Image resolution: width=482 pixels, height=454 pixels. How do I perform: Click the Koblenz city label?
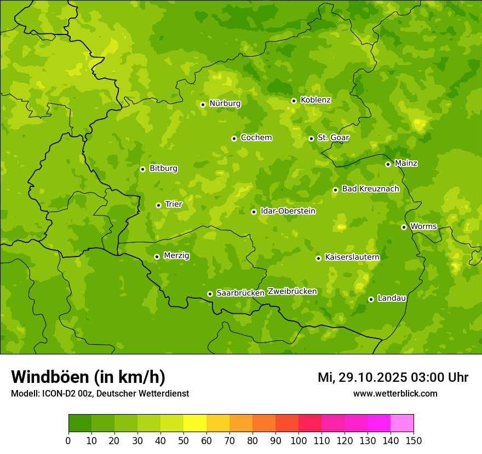coord(315,100)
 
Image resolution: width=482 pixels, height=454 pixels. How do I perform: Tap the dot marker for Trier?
coord(159,205)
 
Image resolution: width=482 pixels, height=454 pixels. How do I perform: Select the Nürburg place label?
coord(225,103)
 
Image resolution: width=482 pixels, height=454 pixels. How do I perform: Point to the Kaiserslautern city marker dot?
coord(318,258)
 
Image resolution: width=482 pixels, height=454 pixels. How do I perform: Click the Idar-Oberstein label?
coord(288,211)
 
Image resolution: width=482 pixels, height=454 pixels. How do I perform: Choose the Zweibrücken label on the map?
coord(292,292)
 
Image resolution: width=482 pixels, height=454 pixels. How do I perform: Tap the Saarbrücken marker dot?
coord(210,294)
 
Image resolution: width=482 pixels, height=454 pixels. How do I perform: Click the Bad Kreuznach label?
coord(370,189)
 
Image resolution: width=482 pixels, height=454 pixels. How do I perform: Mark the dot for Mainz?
coord(388,164)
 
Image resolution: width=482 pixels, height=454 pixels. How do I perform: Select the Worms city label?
coord(423,226)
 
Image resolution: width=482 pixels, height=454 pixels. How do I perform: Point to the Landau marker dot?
coord(371,299)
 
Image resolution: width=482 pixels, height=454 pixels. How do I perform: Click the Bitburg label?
coord(163,168)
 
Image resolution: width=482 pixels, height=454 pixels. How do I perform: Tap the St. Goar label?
coord(333,138)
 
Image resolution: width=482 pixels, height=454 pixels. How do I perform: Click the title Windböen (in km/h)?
coord(88,377)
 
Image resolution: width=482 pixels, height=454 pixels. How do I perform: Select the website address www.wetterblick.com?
coord(395,393)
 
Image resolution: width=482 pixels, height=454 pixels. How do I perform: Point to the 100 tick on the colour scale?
coord(299,440)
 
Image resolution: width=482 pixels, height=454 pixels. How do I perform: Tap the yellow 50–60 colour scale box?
coord(195,423)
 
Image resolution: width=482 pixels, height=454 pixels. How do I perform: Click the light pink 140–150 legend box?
coord(402,423)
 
